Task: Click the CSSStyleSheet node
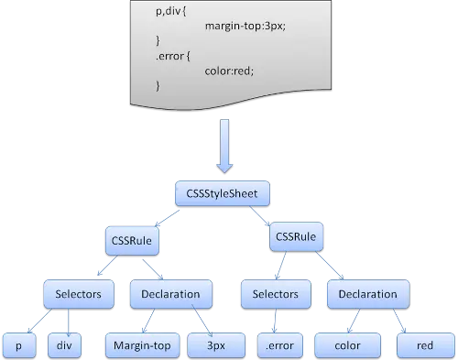(222, 194)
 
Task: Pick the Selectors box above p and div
(78, 295)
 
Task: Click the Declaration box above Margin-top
(171, 295)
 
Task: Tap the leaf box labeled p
(18, 346)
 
